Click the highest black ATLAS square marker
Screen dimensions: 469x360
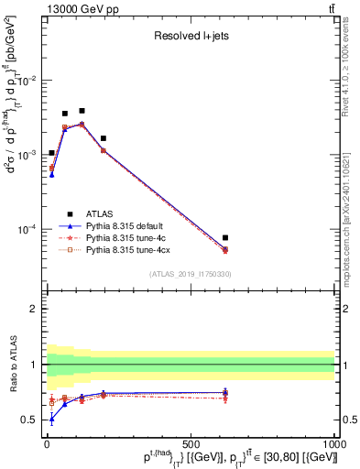click(x=82, y=111)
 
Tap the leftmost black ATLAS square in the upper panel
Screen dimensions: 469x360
click(x=51, y=153)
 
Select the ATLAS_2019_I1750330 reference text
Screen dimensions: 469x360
click(x=190, y=274)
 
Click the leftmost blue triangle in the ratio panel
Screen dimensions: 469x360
click(x=51, y=419)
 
